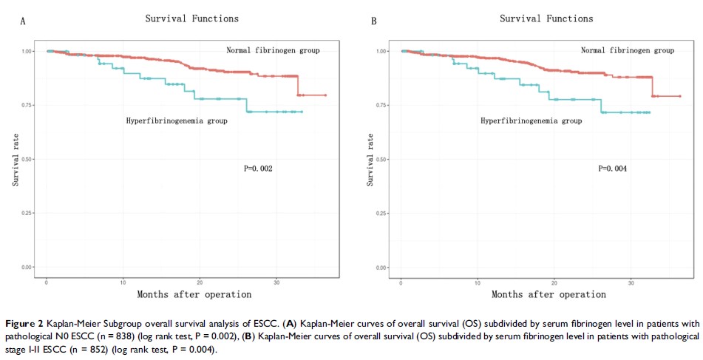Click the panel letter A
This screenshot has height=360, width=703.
(23, 21)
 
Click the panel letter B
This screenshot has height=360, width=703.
(373, 21)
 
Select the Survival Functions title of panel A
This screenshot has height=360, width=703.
(192, 18)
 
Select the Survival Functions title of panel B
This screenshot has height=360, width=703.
(546, 18)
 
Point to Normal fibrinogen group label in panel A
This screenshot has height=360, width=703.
(273, 50)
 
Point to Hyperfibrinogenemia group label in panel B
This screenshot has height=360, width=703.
(531, 120)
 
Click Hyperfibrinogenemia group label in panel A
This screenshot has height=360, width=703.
(177, 120)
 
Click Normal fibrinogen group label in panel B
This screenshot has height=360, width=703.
(627, 50)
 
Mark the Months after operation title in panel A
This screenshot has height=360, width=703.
(194, 294)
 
